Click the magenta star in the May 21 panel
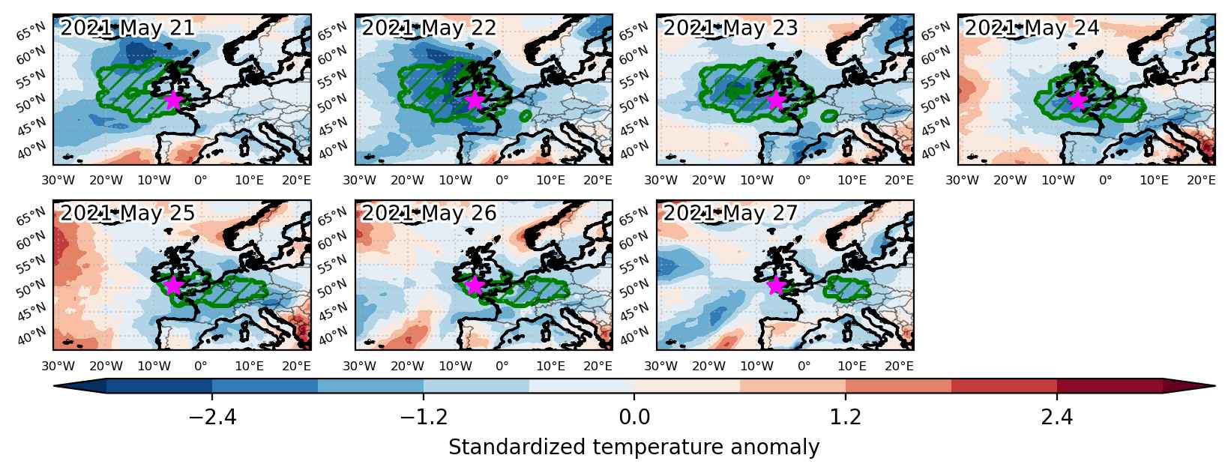[173, 100]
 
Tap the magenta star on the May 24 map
[1077, 100]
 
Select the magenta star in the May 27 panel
[776, 286]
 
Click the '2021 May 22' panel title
[429, 28]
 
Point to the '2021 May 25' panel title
[127, 213]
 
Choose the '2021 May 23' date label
[730, 28]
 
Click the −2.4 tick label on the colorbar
[212, 418]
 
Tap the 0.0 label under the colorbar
[634, 418]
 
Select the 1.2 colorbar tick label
[845, 418]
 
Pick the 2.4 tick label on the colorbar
[1056, 418]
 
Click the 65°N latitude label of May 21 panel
[31, 32]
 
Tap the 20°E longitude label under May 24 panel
[1201, 180]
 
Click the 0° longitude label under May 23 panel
[804, 180]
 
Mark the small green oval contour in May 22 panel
[526, 115]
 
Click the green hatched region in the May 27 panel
[847, 288]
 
